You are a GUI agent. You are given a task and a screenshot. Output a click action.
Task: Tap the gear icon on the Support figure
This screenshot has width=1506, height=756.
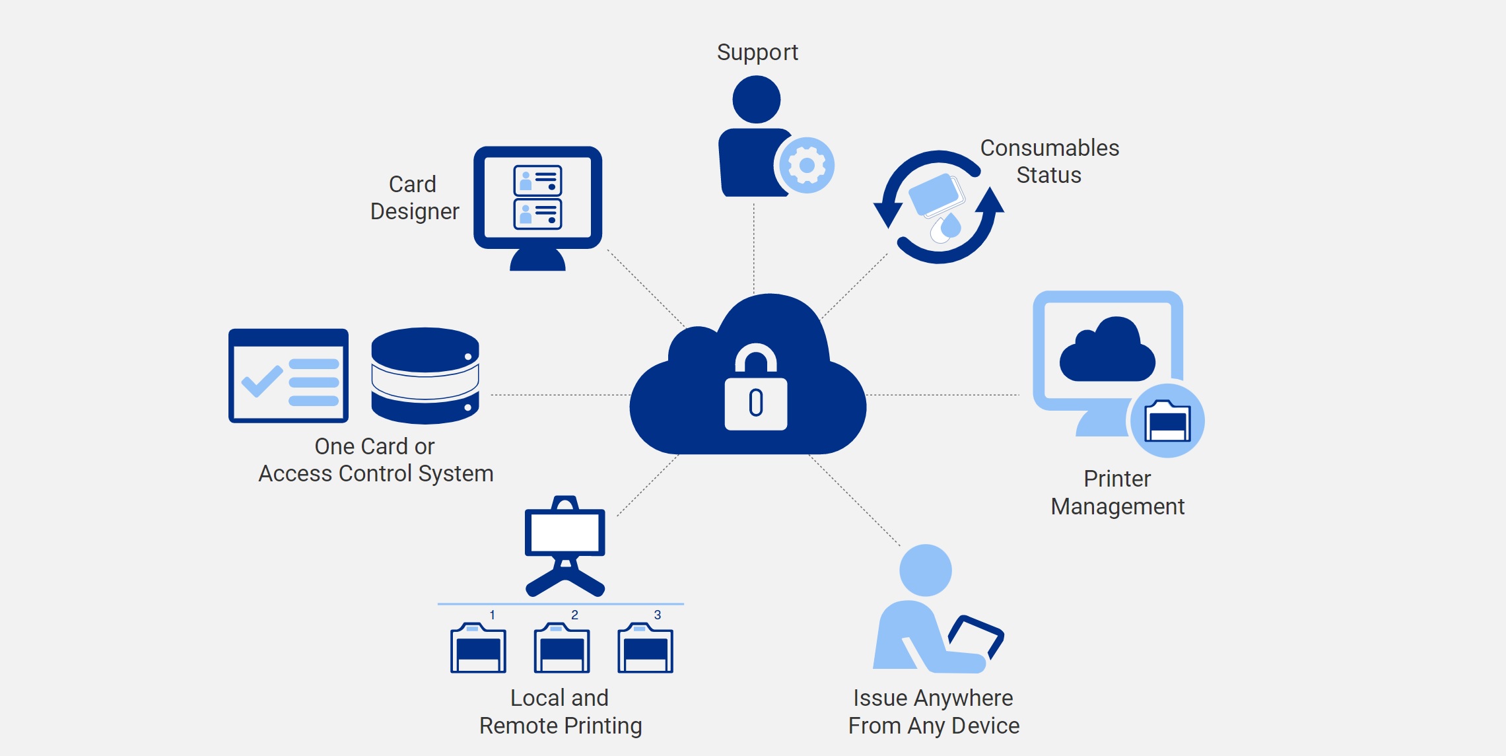pos(806,165)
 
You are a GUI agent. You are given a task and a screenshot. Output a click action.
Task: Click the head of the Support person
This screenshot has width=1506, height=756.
pos(757,99)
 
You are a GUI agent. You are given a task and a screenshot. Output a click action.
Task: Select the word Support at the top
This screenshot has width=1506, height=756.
pos(757,52)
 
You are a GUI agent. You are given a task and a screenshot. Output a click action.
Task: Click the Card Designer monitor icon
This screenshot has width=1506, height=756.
pos(537,198)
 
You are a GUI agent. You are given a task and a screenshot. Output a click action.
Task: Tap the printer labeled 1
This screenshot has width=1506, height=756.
pos(478,648)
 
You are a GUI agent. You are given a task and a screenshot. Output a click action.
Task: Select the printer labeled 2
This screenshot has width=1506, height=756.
pos(561,648)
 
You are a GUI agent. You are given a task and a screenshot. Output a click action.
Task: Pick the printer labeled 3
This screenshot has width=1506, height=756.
pos(645,648)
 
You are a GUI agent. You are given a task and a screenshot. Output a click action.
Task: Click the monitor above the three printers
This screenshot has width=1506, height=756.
pos(565,532)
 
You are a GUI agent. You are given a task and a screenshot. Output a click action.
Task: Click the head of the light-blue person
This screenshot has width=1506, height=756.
pos(926,570)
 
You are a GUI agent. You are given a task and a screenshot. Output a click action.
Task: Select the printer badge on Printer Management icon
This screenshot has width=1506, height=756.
pos(1167,421)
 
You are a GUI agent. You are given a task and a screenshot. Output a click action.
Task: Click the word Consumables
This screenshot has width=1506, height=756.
pos(1049,148)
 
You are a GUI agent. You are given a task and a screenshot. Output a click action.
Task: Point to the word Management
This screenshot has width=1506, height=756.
pos(1117,506)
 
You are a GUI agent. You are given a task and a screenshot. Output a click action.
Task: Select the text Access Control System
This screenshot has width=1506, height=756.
pos(376,473)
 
